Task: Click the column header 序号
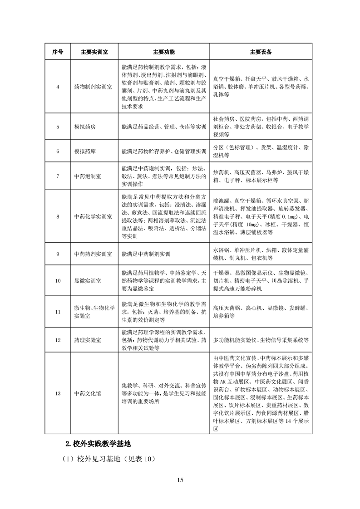tap(58, 52)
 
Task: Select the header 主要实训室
tap(94, 52)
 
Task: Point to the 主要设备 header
tap(261, 52)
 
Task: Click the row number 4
tap(58, 86)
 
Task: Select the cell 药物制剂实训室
tap(93, 86)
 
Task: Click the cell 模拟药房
tap(85, 127)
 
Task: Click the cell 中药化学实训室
tap(93, 217)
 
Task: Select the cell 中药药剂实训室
tap(93, 254)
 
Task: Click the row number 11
tap(58, 312)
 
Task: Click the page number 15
tap(180, 480)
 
